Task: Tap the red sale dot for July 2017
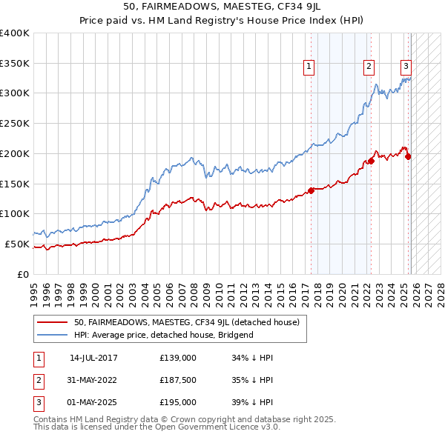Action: point(311,190)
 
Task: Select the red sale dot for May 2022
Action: point(371,161)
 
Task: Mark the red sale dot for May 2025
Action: point(408,156)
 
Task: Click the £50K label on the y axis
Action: point(17,244)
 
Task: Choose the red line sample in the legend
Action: point(53,322)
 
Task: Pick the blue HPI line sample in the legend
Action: point(53,335)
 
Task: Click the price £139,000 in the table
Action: point(177,358)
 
